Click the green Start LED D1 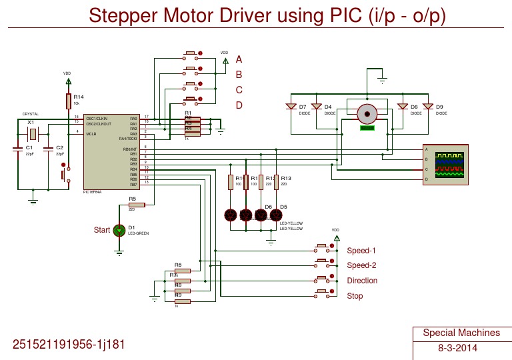(119, 230)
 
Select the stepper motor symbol (366, 114)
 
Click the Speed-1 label (361, 251)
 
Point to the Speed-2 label (361, 265)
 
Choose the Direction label (362, 281)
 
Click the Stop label (355, 296)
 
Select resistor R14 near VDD (68, 101)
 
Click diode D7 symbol (291, 107)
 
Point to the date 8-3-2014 (457, 348)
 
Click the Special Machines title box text (461, 333)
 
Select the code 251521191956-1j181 (69, 345)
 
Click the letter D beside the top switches (239, 105)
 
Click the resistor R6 (182, 271)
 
